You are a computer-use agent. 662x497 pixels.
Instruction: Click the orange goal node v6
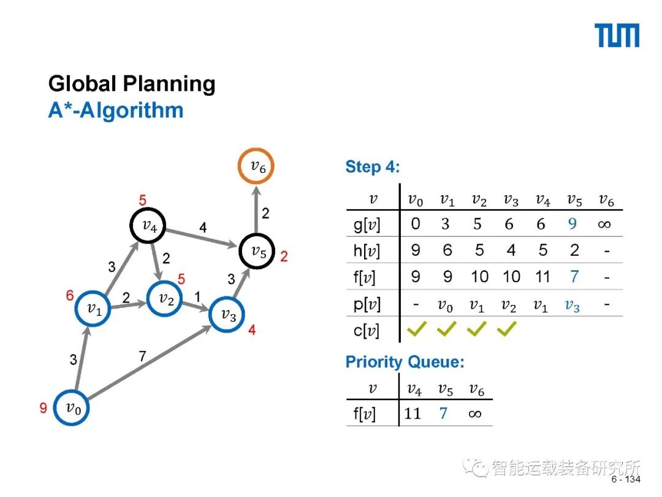256,166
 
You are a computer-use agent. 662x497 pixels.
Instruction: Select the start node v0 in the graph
72,407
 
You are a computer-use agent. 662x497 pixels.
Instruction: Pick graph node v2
165,299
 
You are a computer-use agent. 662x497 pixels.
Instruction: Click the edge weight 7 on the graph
142,356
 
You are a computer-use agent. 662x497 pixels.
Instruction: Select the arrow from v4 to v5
202,238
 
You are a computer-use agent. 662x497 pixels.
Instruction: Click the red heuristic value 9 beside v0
44,407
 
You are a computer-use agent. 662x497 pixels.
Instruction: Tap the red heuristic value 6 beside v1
70,296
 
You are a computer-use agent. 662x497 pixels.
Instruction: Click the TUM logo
617,36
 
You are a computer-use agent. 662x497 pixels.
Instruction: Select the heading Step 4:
372,167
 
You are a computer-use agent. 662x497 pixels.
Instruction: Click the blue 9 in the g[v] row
573,224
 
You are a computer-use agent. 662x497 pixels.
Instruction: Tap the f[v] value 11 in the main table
542,277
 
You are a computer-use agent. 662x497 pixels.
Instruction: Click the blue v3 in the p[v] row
572,305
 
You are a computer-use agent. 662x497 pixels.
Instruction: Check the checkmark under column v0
416,331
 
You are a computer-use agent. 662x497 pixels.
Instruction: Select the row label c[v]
366,331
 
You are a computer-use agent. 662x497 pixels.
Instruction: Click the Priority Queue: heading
405,362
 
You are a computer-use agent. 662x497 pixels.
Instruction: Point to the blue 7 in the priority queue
443,413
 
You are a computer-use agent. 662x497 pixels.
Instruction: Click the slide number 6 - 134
625,479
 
